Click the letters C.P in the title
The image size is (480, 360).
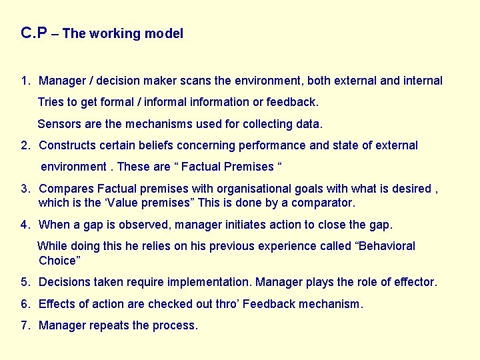(x=34, y=33)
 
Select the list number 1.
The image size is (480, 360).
(x=24, y=81)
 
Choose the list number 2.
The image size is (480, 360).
(x=24, y=145)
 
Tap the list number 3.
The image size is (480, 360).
(x=24, y=189)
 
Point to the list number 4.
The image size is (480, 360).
(x=24, y=224)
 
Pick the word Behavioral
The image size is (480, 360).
(x=387, y=246)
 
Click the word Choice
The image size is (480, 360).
(x=58, y=260)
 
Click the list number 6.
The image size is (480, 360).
(x=24, y=304)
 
